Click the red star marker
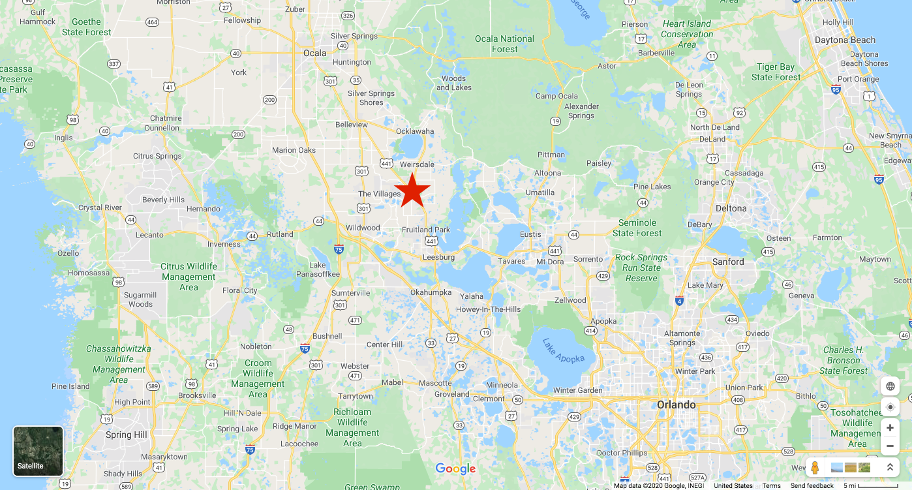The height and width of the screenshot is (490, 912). (412, 191)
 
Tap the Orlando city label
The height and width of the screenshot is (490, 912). (676, 405)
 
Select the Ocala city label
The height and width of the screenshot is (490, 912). (315, 53)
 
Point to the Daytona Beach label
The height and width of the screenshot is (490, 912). (845, 40)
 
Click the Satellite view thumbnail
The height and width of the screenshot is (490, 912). (38, 450)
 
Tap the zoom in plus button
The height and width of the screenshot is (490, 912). (890, 428)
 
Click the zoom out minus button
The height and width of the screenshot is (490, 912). (890, 446)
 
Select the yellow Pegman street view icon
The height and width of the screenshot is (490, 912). (815, 468)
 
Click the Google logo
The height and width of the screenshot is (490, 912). (455, 468)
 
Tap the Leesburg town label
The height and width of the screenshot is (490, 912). (438, 257)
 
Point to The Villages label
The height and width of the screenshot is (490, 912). (379, 194)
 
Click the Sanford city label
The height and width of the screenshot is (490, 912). (727, 262)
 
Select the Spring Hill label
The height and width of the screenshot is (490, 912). (126, 435)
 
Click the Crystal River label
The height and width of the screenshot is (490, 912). (100, 207)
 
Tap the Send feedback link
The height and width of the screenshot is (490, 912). (812, 485)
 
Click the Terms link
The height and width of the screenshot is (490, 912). (771, 485)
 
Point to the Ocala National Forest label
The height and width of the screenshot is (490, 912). (504, 44)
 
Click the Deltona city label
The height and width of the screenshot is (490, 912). (731, 208)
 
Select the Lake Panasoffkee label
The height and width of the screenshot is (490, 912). (318, 269)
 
